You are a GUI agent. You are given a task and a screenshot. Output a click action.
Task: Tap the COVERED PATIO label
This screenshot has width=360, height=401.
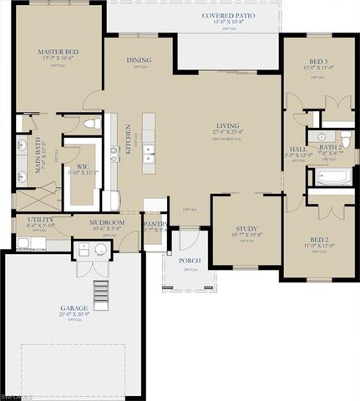228,16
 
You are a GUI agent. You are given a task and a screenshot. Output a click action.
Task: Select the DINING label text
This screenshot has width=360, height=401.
139,60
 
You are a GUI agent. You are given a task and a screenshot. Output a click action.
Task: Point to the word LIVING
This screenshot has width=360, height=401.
227,125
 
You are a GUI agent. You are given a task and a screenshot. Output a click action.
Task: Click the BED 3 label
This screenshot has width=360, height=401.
317,62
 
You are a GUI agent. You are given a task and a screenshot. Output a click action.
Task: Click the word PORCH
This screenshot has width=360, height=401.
190,260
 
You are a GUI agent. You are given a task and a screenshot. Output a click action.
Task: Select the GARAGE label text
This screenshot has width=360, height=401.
74,308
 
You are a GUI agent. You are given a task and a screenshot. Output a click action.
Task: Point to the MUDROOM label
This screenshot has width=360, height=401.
108,222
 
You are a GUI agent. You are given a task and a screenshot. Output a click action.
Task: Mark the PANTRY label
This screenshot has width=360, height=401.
154,224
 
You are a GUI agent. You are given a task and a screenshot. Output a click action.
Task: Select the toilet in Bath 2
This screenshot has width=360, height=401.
346,140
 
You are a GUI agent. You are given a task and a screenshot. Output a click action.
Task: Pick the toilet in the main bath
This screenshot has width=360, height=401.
94,124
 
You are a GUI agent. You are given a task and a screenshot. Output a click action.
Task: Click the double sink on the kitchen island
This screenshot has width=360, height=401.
148,154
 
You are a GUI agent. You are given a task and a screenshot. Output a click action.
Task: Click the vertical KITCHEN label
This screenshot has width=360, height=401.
128,138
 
